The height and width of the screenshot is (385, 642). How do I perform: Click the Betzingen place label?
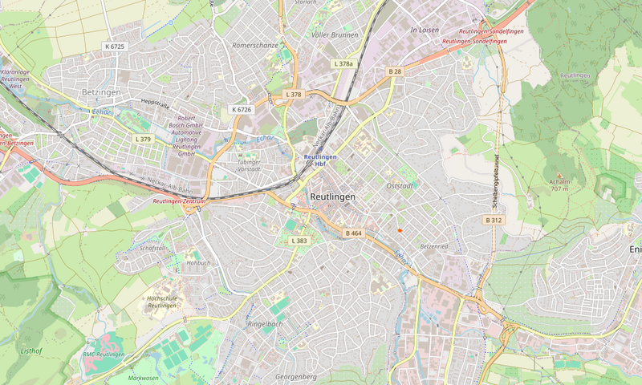(x=101, y=93)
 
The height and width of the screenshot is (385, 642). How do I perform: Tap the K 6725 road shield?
(x=115, y=47)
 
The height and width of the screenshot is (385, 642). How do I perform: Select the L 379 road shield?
(x=143, y=139)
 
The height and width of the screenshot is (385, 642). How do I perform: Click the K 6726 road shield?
(x=242, y=109)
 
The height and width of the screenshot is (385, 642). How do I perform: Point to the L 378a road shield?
(x=343, y=63)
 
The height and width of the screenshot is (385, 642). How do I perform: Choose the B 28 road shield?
(x=395, y=71)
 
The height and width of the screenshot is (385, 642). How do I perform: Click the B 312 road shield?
(x=494, y=220)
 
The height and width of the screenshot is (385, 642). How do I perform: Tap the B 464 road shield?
(x=354, y=233)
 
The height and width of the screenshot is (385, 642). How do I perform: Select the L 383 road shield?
(x=299, y=241)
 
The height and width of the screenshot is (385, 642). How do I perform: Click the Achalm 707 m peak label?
(x=559, y=185)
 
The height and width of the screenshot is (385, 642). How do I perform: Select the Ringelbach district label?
(x=265, y=324)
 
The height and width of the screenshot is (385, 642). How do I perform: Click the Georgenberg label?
(x=295, y=376)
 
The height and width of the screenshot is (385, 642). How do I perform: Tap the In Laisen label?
(x=425, y=30)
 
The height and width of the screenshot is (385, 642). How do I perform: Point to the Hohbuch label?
(x=198, y=262)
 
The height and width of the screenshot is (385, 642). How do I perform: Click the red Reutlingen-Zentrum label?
(x=179, y=202)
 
